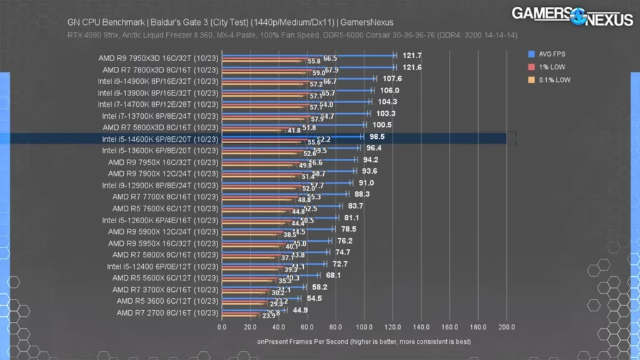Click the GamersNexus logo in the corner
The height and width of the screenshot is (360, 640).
(572, 16)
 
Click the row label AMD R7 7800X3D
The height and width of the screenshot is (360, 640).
(161, 69)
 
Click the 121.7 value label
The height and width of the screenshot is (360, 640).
(412, 56)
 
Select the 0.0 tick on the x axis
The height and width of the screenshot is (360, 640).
(222, 327)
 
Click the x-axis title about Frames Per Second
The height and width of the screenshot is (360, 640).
(364, 342)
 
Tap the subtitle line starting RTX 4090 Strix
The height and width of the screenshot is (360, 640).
(292, 35)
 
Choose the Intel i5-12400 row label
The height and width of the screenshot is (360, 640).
(162, 266)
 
